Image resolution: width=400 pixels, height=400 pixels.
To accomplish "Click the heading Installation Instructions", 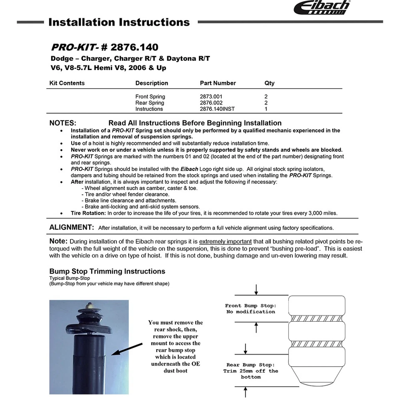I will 119,22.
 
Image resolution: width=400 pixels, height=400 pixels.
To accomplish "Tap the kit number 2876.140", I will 134,47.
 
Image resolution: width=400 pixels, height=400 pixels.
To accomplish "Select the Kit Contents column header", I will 67,83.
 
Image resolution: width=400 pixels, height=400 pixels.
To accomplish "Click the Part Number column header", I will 217,83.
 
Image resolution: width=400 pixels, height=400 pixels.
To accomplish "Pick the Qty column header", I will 269,83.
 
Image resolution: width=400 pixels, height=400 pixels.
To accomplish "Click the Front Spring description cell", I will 150,97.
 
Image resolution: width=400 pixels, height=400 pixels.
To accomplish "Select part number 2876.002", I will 211,103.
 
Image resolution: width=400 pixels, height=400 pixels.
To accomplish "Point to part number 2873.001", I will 211,97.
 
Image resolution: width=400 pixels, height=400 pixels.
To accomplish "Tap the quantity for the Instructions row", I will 266,109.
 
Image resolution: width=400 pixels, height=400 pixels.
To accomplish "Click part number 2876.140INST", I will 217,109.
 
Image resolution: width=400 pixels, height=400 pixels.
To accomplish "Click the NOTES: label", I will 62,123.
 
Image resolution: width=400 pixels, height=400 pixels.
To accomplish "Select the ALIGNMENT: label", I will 72,227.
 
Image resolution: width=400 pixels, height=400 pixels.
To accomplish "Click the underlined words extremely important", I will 225,242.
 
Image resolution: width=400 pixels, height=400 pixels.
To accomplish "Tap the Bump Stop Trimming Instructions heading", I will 107,271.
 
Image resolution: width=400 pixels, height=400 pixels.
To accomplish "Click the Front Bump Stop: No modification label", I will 250,309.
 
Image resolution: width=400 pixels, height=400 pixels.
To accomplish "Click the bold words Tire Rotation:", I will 88,213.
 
